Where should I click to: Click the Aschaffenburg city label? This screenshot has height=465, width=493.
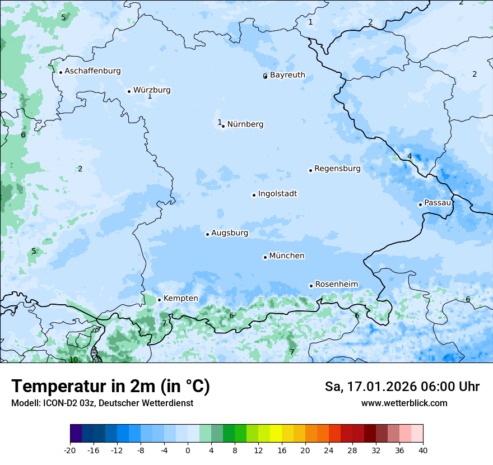click(x=92, y=71)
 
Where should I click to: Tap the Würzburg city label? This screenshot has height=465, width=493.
click(x=152, y=90)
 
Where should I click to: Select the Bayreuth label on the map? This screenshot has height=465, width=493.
click(x=287, y=75)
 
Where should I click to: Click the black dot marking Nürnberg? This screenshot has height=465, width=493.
click(x=223, y=126)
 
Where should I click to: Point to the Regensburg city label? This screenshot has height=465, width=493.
click(x=337, y=169)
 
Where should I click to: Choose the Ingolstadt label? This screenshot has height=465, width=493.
click(x=277, y=194)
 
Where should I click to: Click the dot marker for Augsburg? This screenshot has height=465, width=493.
click(x=207, y=234)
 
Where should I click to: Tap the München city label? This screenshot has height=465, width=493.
click(x=287, y=256)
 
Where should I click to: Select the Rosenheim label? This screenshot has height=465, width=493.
click(x=336, y=285)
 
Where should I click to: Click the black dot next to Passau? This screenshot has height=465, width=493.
click(x=420, y=204)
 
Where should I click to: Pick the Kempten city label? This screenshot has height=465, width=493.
click(x=180, y=299)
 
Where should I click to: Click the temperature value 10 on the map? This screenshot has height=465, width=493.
click(x=73, y=360)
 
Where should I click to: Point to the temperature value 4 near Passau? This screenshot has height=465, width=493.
click(x=410, y=156)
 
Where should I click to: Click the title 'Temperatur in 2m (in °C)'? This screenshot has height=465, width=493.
click(x=110, y=387)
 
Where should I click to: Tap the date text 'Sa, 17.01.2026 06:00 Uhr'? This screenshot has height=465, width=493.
click(x=402, y=387)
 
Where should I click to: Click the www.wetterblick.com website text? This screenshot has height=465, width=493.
click(x=404, y=403)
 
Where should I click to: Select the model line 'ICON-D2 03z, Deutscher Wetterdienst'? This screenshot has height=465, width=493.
click(x=102, y=403)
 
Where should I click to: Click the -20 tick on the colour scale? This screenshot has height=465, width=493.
click(x=70, y=450)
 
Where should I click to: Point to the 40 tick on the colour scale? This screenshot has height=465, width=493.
click(x=423, y=450)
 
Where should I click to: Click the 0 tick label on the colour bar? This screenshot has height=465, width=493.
click(x=188, y=450)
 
